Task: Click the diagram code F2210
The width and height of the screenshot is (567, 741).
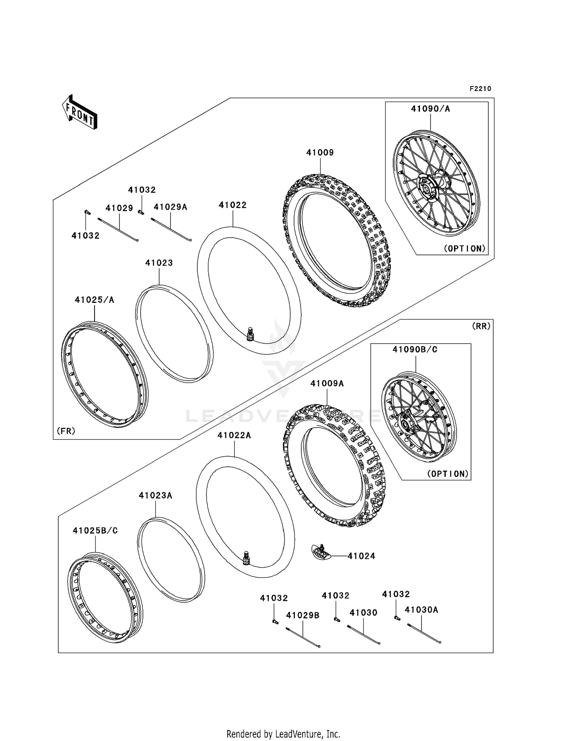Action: click(480, 89)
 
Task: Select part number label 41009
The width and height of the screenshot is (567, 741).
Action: click(320, 153)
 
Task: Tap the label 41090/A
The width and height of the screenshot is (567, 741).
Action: click(430, 109)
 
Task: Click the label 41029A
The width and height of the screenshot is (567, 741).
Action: click(170, 207)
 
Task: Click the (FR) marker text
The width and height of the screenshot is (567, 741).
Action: click(66, 431)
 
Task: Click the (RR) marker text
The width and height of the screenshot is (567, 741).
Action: click(481, 326)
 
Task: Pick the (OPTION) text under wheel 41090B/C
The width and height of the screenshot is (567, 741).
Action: click(448, 474)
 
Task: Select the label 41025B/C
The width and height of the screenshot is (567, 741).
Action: click(95, 531)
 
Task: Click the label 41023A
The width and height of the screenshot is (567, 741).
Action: click(155, 496)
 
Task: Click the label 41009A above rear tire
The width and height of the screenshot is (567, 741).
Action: click(327, 384)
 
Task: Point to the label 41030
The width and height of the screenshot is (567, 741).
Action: click(363, 613)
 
